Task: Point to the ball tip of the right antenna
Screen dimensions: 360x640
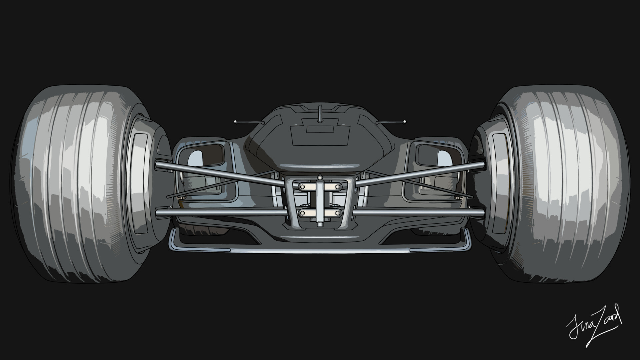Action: [405, 122]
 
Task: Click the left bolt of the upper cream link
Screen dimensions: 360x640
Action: [303, 187]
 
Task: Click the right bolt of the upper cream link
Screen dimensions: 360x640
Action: [337, 187]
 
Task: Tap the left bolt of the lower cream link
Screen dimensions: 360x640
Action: [303, 212]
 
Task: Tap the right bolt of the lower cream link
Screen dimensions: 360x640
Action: [337, 212]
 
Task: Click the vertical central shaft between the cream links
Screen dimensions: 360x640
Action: [320, 200]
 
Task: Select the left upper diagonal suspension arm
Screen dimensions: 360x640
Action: [220, 173]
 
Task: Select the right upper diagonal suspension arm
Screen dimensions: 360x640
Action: [420, 173]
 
